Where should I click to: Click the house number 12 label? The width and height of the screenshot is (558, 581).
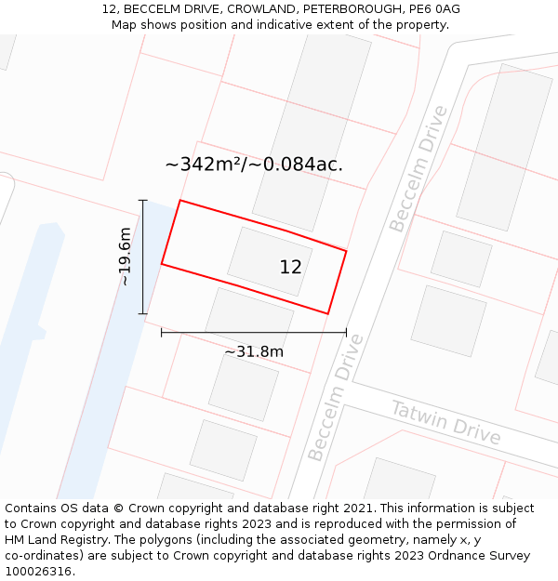click(x=290, y=267)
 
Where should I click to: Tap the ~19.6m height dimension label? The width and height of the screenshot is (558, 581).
click(x=125, y=257)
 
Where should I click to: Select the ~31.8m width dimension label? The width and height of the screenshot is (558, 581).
click(x=254, y=351)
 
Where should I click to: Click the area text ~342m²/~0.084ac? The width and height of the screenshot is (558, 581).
click(x=254, y=165)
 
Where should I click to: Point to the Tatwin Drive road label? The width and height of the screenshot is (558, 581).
click(x=445, y=423)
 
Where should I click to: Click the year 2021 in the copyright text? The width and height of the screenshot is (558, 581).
click(x=358, y=508)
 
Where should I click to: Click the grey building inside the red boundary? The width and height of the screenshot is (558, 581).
click(x=270, y=261)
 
